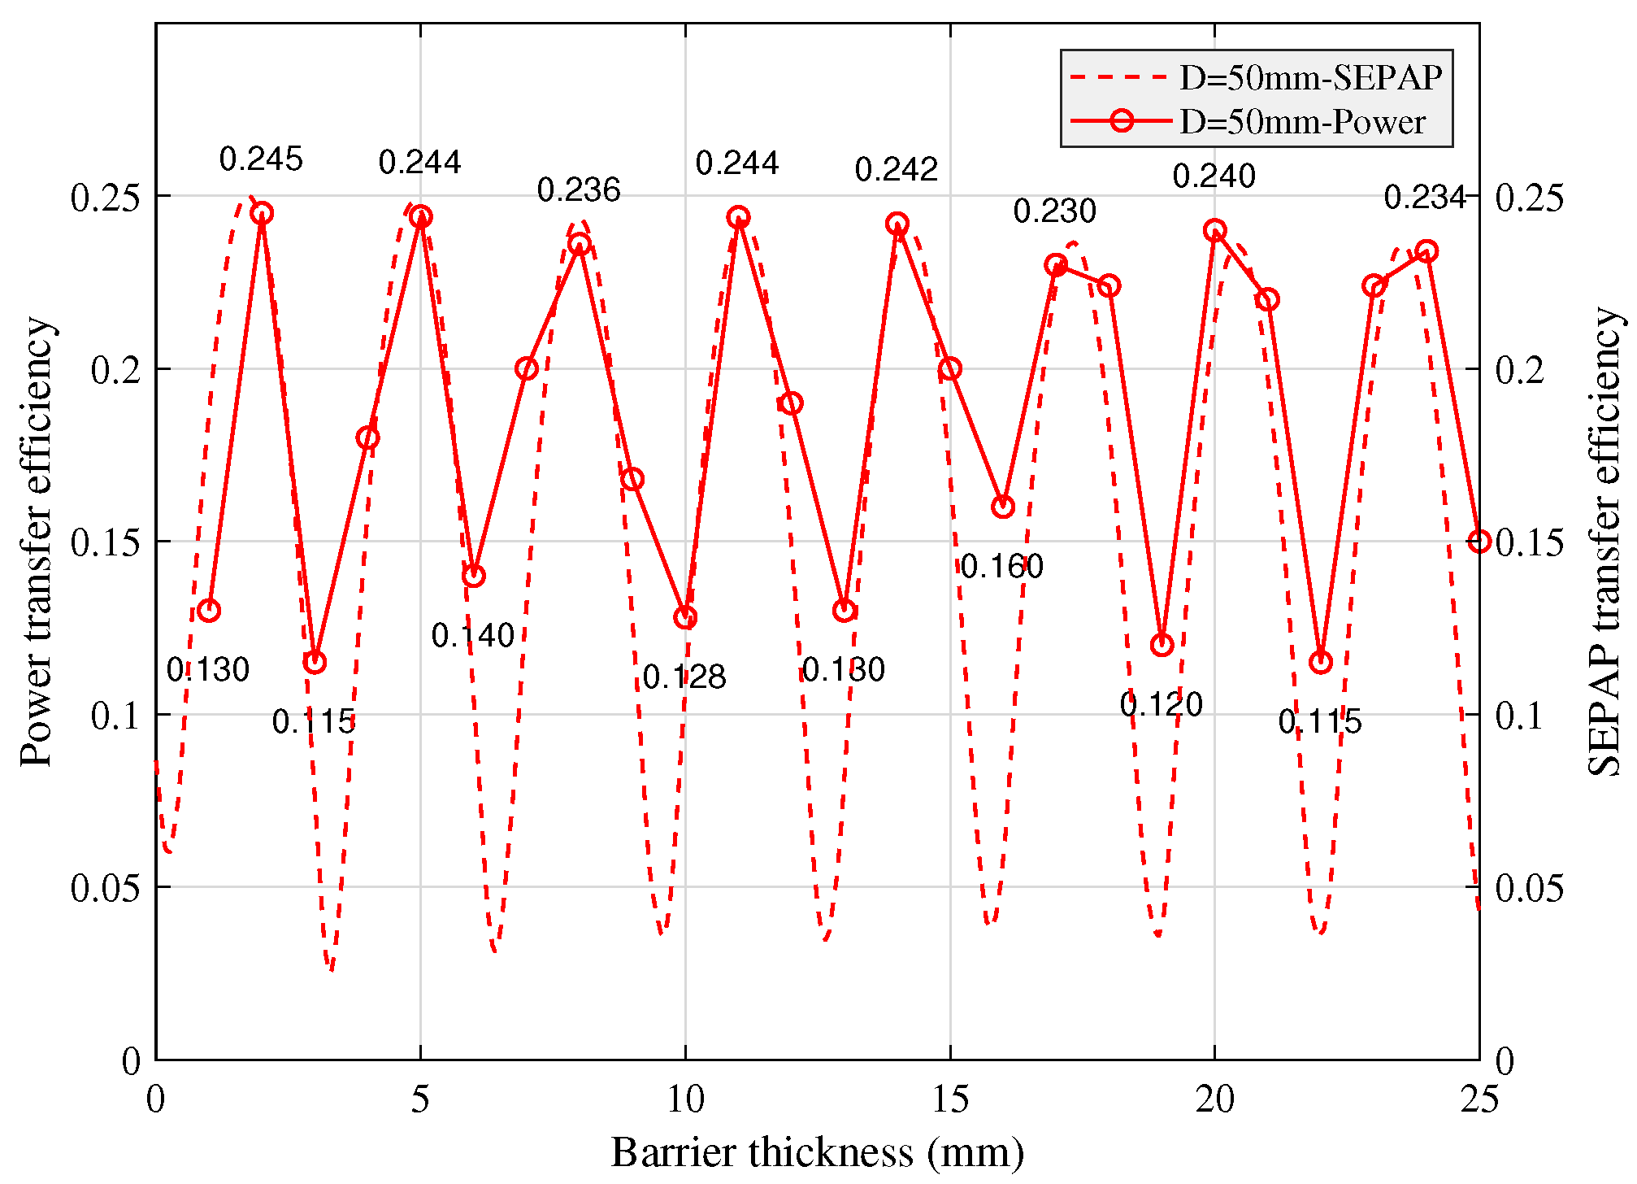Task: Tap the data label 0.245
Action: (x=261, y=159)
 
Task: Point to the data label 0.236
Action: (x=578, y=190)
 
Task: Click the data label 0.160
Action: (x=1001, y=567)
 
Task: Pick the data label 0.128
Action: (x=684, y=677)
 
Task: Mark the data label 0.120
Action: (x=1161, y=705)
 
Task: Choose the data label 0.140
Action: (x=472, y=636)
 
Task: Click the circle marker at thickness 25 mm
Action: (x=1479, y=542)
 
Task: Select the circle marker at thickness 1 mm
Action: (x=209, y=611)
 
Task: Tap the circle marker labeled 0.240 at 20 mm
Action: (x=1214, y=231)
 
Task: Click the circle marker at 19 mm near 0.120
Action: (x=1162, y=645)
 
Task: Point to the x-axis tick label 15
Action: (x=949, y=1100)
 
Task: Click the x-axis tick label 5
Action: (x=420, y=1100)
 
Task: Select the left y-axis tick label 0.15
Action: (x=104, y=542)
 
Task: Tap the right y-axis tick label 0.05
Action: (x=1529, y=888)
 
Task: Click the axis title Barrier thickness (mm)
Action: (x=817, y=1153)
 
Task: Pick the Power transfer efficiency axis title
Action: (x=37, y=542)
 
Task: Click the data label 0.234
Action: (x=1424, y=198)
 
